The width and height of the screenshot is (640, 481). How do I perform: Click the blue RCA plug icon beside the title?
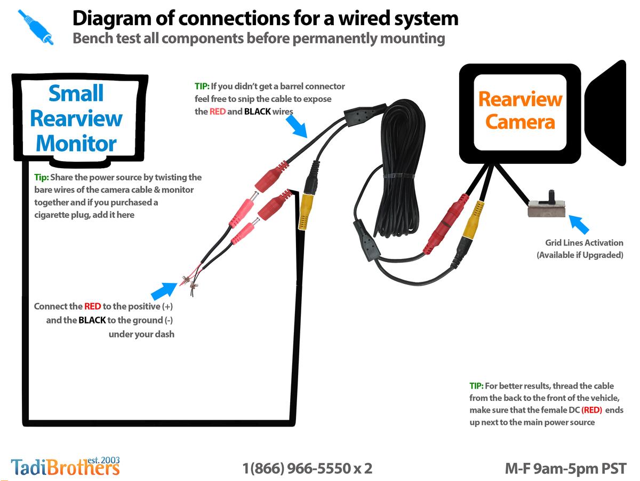36,27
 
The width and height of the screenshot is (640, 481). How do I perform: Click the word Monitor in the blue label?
76,143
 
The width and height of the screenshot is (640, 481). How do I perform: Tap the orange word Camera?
520,122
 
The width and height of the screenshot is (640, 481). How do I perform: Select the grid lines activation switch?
547,206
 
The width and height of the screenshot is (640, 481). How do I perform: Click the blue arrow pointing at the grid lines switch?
579,224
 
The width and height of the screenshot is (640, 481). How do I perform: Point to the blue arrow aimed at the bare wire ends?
164,291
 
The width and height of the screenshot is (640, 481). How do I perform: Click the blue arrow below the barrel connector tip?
297,126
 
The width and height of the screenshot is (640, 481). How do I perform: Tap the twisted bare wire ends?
189,282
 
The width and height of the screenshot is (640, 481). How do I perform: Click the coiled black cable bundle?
399,169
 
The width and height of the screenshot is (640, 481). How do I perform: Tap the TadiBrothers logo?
65,466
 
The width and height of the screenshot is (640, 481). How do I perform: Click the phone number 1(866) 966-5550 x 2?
307,468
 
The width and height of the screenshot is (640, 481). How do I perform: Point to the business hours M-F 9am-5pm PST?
565,469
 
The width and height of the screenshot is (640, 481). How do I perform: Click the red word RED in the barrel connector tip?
218,112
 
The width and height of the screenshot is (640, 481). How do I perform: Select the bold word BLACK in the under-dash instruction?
92,320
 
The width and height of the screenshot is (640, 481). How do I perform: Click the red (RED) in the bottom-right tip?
591,410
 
